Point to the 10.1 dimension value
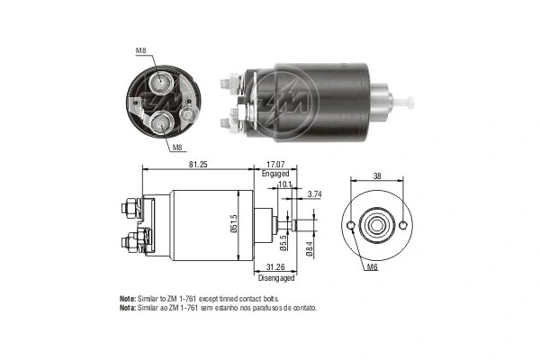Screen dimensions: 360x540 (285, 184)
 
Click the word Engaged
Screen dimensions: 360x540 (275, 175)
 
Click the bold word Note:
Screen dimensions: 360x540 (128, 298)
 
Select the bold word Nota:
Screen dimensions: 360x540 (128, 307)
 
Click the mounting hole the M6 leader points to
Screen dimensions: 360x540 (347, 222)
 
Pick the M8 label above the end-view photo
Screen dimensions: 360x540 (141, 50)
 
